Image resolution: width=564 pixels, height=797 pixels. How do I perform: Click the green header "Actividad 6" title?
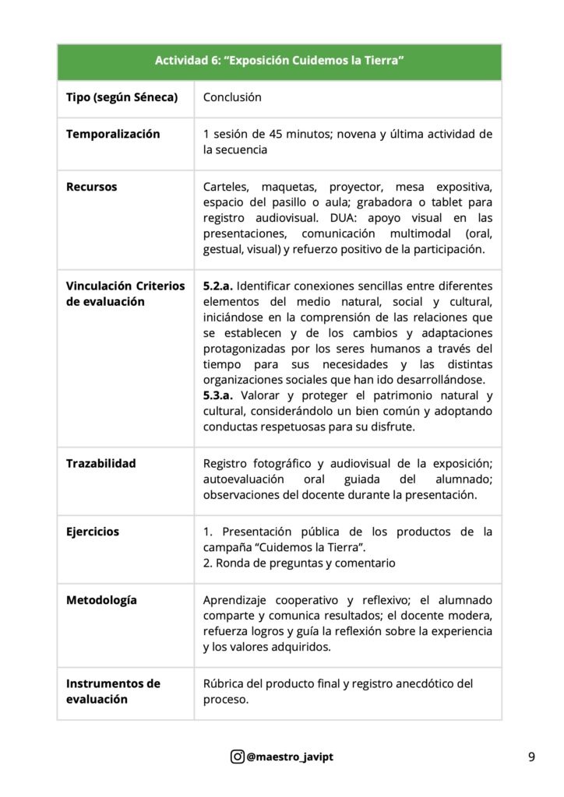(279, 61)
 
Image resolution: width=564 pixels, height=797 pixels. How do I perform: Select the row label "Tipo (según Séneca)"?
(122, 98)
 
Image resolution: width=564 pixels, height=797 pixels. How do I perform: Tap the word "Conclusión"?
(232, 98)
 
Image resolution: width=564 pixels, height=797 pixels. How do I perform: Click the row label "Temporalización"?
(113, 134)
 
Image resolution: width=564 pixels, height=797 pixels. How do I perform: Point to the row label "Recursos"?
(92, 187)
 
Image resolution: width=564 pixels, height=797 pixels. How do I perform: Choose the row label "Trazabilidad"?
(101, 463)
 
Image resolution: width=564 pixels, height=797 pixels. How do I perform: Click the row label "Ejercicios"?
(93, 532)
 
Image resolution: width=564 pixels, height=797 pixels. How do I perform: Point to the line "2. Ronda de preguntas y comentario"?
(299, 563)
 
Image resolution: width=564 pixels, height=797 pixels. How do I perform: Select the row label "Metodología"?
(101, 600)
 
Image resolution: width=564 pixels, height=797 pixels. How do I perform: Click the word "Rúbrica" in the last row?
(226, 683)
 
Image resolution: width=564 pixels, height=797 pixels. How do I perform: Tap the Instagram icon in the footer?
(237, 756)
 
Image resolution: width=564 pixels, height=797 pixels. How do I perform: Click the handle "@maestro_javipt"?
(288, 756)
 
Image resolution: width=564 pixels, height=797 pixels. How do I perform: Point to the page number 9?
(531, 756)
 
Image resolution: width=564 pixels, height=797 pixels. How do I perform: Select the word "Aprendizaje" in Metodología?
(238, 600)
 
